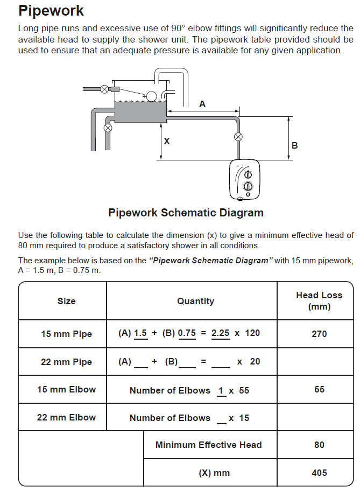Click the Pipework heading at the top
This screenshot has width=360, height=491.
(51, 10)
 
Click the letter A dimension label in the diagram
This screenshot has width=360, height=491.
(202, 104)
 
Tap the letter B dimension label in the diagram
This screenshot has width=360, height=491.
(294, 145)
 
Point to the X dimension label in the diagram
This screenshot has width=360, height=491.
(167, 141)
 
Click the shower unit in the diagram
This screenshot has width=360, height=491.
(244, 180)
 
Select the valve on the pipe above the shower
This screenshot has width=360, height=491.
(238, 137)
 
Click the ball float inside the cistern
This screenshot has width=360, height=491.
(152, 96)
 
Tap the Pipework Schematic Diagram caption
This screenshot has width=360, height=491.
(186, 213)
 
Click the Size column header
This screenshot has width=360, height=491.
(66, 301)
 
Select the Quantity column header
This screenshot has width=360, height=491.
(196, 301)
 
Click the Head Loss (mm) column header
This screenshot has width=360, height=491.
(319, 300)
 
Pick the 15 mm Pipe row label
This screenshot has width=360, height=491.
(66, 334)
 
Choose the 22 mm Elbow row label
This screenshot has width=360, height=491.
(66, 417)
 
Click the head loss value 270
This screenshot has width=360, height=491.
(319, 334)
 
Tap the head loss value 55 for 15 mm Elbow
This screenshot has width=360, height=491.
(319, 389)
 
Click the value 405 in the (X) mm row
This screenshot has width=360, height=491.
(319, 473)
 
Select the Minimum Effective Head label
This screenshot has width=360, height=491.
(208, 445)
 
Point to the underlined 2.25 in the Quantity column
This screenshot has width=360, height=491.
(221, 333)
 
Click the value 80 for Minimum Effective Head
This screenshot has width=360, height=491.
(319, 445)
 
